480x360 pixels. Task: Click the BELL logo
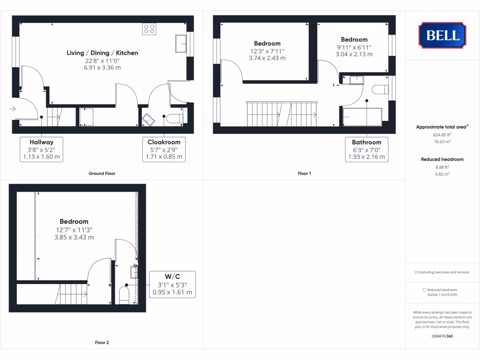[x=442, y=35]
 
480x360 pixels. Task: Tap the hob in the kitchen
[x=149, y=29]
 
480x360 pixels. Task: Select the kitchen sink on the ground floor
[x=180, y=44]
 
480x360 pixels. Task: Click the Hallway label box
[x=41, y=150]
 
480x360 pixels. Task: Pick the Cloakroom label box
[x=164, y=150]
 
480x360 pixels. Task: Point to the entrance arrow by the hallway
[x=13, y=109]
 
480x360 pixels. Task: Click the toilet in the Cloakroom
[x=176, y=118]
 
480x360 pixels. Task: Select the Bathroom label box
[x=367, y=150]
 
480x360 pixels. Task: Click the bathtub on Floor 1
[x=362, y=117]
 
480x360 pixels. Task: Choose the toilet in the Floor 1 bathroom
[x=380, y=89]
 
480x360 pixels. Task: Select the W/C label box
[x=172, y=285]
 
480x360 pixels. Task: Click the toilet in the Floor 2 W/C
[x=124, y=295]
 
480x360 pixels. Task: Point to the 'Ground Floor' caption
[x=102, y=173]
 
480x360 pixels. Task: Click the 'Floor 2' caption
[x=102, y=343]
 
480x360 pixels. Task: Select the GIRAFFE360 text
[x=442, y=336]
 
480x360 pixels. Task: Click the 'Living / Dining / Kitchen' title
[x=102, y=53]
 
